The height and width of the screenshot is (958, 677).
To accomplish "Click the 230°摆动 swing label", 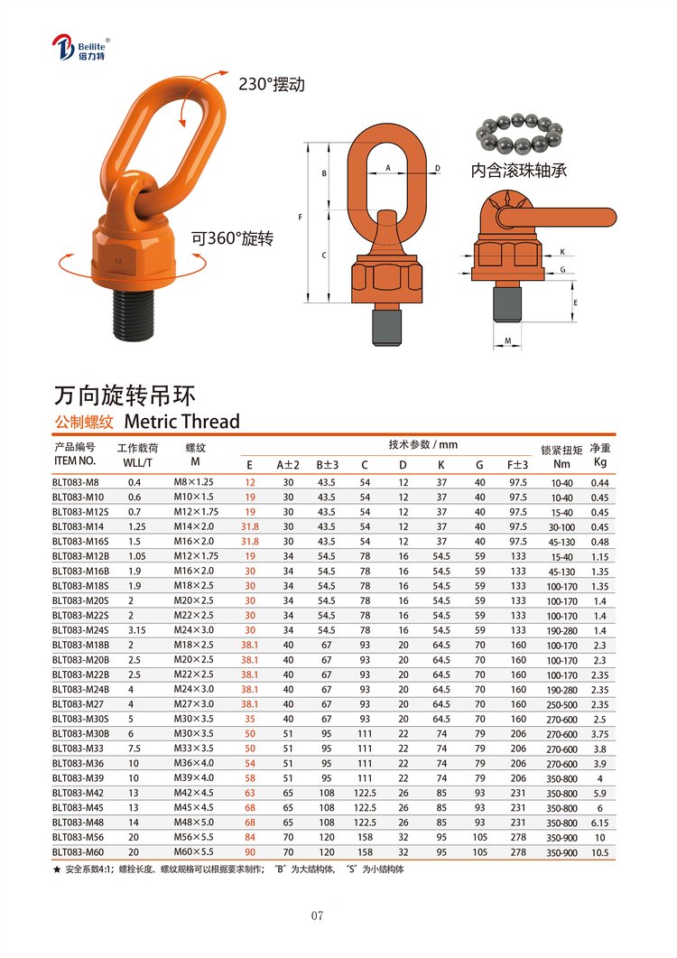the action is click(x=272, y=84).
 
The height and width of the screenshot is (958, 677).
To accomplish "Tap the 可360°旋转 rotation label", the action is click(x=232, y=238).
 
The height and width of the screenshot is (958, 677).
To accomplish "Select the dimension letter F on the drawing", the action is click(x=300, y=217).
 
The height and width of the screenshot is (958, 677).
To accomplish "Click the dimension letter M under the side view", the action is click(x=507, y=341).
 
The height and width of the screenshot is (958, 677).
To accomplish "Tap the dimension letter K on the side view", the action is click(x=562, y=252).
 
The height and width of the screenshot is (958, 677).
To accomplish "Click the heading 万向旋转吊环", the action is click(x=125, y=395).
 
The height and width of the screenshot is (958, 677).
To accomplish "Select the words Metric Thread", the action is click(x=181, y=422).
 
